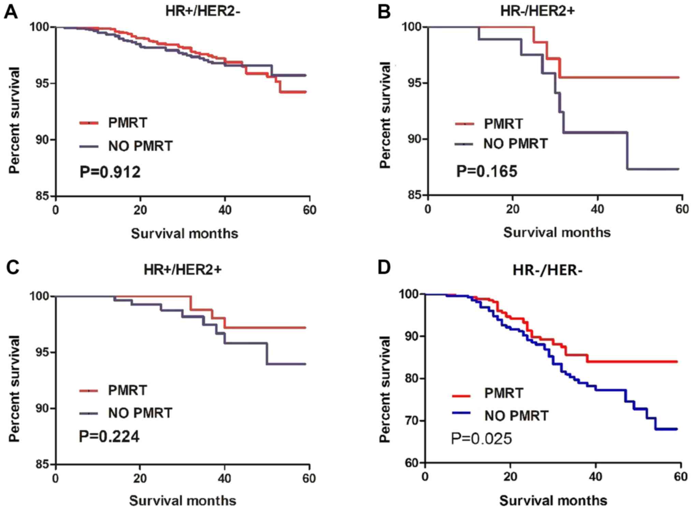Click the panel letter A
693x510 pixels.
[11, 13]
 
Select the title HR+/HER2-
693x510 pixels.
[203, 11]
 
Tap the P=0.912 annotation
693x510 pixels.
[110, 172]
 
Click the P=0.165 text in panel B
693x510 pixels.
[487, 171]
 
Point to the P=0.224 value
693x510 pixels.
[109, 437]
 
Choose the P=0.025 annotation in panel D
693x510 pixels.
[481, 439]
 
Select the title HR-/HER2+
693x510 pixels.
[537, 11]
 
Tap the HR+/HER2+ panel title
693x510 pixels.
[183, 270]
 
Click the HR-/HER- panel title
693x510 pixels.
[547, 271]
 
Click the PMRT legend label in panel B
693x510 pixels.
[503, 124]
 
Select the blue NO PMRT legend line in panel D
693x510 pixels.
[461, 413]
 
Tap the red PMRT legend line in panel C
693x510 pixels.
[89, 391]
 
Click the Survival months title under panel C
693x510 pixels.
[183, 501]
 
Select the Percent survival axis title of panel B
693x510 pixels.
[385, 115]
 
